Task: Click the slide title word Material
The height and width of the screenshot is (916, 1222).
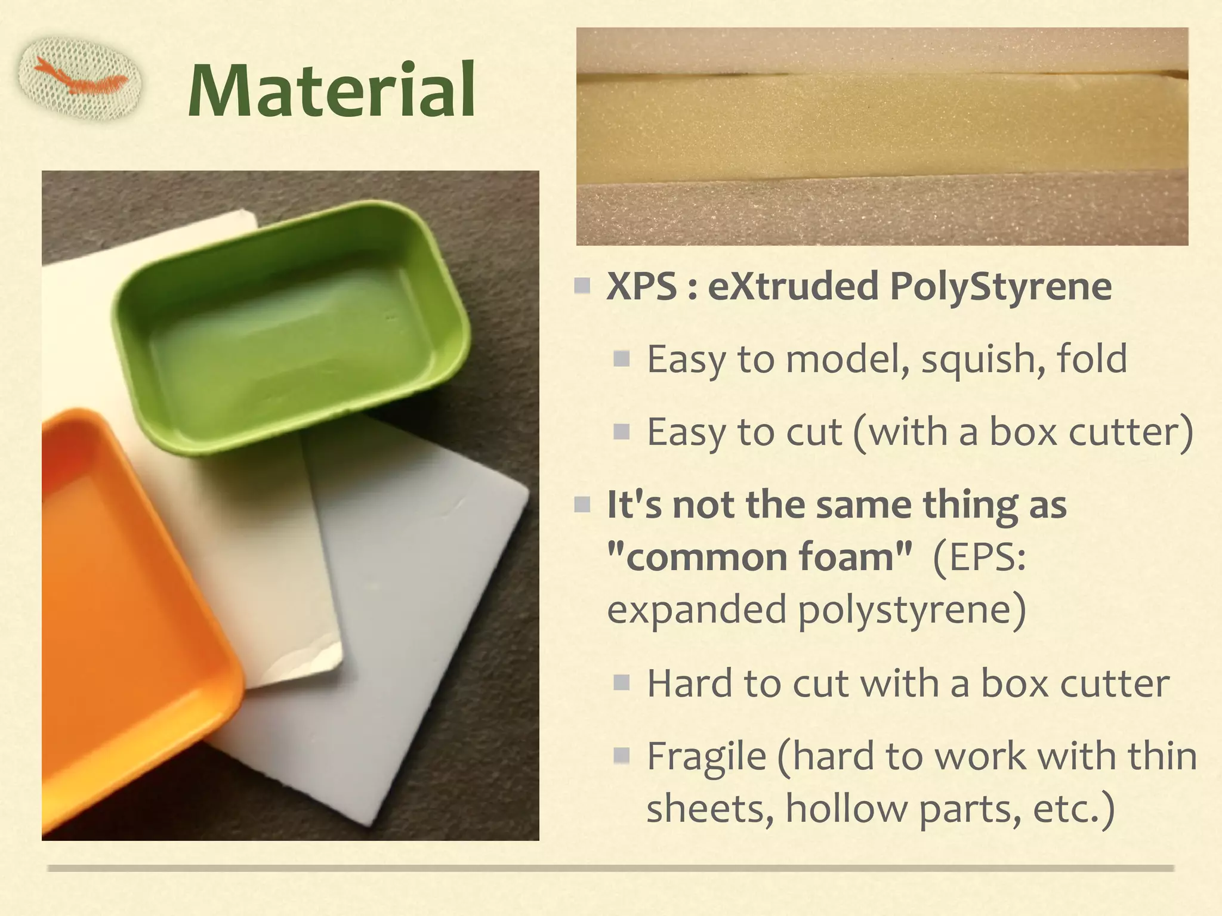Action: click(x=332, y=90)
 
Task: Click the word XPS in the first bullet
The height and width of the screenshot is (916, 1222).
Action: click(x=641, y=286)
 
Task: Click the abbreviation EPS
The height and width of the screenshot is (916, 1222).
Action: click(x=985, y=558)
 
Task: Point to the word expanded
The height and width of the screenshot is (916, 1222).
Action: click(x=697, y=610)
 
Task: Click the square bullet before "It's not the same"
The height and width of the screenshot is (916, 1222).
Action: click(x=582, y=505)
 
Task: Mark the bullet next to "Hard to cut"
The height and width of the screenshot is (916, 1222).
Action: click(x=622, y=683)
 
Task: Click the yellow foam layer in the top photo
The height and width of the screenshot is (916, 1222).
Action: click(x=882, y=131)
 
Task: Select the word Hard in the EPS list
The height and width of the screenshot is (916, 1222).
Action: click(x=690, y=683)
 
